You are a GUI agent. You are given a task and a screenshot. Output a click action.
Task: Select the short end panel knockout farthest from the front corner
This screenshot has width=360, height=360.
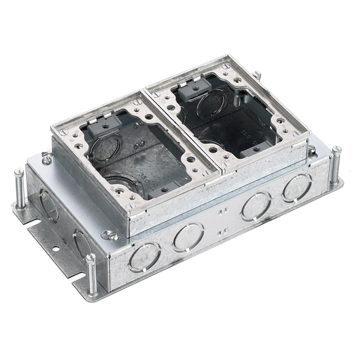coord(49,205)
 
